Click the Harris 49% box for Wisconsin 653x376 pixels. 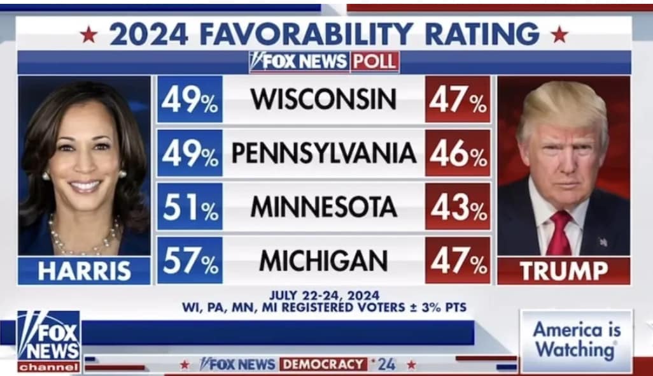pyautogui.click(x=190, y=99)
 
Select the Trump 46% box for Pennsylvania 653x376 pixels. pyautogui.click(x=458, y=153)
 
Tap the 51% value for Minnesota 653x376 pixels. pyautogui.click(x=190, y=206)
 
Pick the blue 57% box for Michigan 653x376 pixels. pyautogui.click(x=190, y=261)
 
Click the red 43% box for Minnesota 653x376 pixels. pyautogui.click(x=458, y=206)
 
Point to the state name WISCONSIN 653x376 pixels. pyautogui.click(x=323, y=99)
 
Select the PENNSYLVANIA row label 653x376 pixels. pyautogui.click(x=323, y=153)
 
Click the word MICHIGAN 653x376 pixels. pyautogui.click(x=323, y=261)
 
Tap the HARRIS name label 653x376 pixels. pyautogui.click(x=84, y=271)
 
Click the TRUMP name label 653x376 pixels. pyautogui.click(x=563, y=271)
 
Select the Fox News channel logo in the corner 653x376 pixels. pyautogui.click(x=49, y=341)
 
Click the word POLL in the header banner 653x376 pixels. pyautogui.click(x=374, y=62)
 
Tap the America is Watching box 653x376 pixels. pyautogui.click(x=577, y=340)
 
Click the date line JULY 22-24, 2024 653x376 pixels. pyautogui.click(x=325, y=296)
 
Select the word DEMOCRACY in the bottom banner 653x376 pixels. pyautogui.click(x=323, y=365)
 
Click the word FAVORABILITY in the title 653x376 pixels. pyautogui.click(x=306, y=34)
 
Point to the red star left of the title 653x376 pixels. pyautogui.click(x=88, y=34)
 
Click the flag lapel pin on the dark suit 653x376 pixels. pyautogui.click(x=603, y=242)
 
